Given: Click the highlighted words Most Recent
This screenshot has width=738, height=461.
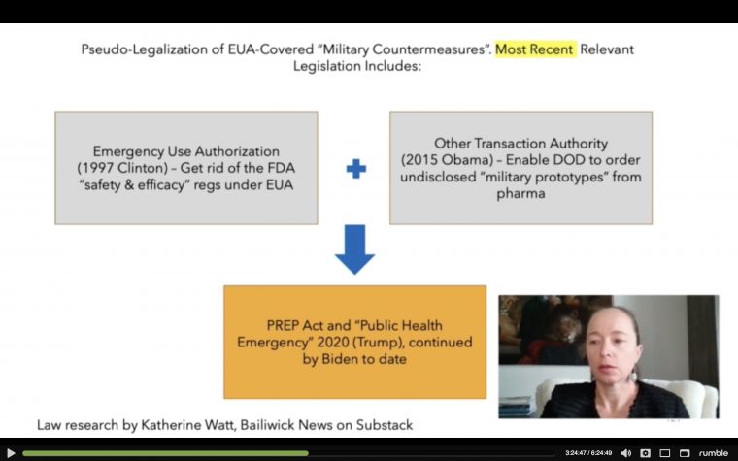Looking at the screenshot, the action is [x=535, y=49].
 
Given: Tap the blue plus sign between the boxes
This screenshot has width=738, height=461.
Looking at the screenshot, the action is [x=355, y=169].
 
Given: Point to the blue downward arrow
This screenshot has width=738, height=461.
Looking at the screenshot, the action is [x=354, y=249].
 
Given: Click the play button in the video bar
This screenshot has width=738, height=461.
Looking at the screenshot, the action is [x=11, y=453].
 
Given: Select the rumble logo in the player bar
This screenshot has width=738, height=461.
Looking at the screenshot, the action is [x=714, y=453].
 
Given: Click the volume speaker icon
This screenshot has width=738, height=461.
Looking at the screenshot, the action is [x=626, y=453].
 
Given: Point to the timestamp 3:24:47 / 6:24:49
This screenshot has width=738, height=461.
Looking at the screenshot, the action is [x=588, y=453].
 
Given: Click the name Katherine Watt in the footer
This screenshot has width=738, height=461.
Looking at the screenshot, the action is [x=187, y=425].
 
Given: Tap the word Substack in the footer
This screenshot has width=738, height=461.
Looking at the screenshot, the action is [x=385, y=425].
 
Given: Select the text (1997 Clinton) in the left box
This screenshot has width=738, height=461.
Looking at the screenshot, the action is [x=122, y=168].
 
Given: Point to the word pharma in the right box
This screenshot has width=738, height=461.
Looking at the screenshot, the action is [x=521, y=194].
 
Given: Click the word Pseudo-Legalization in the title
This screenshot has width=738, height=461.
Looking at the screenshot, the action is [x=145, y=49].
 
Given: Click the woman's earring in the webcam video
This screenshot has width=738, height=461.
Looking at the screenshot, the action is [x=633, y=375].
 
